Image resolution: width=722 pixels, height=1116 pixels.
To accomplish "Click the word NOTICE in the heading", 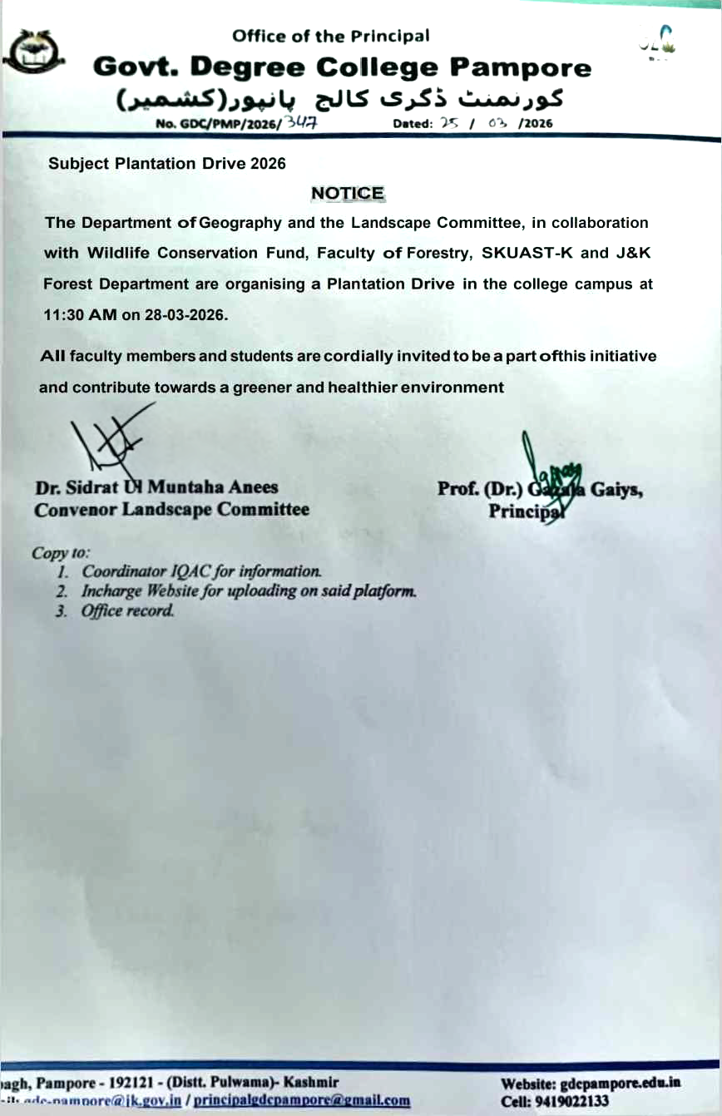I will click(348, 194).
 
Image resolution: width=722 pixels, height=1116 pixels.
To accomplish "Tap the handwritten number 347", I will click(302, 123).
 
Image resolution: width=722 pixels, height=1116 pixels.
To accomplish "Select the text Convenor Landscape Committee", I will click(171, 510).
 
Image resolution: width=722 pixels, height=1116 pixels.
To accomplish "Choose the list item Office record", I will click(128, 611).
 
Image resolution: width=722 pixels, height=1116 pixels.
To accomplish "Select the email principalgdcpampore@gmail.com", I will click(302, 1100).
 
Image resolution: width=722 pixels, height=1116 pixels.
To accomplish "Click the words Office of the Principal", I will click(331, 36).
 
